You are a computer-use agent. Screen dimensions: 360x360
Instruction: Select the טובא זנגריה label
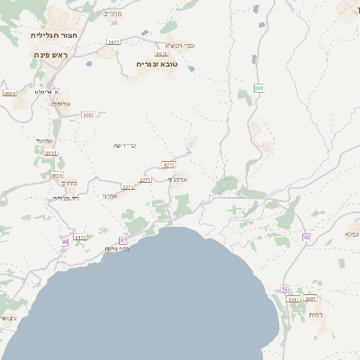(x=156, y=64)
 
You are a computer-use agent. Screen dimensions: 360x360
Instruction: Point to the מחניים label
(x=112, y=13)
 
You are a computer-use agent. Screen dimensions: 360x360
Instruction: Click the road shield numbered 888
(x=258, y=88)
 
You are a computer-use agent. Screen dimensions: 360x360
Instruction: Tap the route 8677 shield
(x=113, y=42)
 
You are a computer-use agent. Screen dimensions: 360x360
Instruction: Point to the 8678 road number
(x=161, y=54)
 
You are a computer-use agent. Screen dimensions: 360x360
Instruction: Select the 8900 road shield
(x=10, y=94)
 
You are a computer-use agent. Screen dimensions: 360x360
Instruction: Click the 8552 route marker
(x=88, y=115)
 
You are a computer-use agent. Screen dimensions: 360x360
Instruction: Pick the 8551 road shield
(x=50, y=153)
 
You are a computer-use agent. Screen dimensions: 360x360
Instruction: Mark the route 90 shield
(x=64, y=242)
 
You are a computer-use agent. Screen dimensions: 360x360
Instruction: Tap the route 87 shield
(x=122, y=241)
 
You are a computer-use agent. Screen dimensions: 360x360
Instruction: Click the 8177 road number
(x=80, y=238)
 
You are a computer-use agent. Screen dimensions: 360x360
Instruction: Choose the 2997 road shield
(x=310, y=298)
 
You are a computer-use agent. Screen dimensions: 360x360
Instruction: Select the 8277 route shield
(x=168, y=165)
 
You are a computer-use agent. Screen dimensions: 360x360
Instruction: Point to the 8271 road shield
(x=128, y=187)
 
